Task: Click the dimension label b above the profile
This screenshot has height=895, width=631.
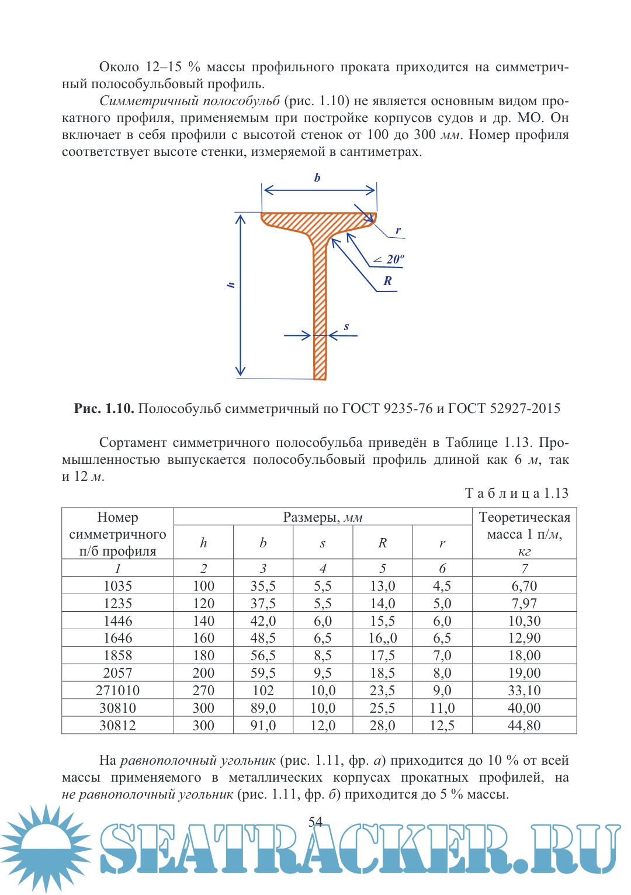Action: (x=317, y=178)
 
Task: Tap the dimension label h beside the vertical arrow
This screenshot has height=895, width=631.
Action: (x=231, y=285)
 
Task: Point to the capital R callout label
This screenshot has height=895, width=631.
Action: (x=387, y=281)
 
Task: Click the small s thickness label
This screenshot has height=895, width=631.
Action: (x=346, y=327)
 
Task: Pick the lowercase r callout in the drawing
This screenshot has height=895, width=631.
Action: (x=398, y=230)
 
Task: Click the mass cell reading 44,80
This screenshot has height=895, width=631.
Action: (x=524, y=726)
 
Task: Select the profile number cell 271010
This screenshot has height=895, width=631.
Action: (x=117, y=691)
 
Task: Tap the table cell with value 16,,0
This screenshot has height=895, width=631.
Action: (x=382, y=638)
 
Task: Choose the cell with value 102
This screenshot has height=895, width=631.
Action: (x=263, y=691)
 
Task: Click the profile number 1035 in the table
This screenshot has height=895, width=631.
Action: (x=117, y=586)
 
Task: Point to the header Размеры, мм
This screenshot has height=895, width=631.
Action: (x=323, y=517)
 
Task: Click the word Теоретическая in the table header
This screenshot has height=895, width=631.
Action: (x=524, y=517)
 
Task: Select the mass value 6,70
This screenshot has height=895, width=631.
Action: (x=524, y=586)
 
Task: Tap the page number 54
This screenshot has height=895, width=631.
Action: (x=315, y=822)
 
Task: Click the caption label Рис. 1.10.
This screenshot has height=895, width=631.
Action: (x=104, y=408)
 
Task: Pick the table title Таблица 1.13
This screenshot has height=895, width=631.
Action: (x=516, y=493)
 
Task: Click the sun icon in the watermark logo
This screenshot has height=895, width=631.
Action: (x=44, y=847)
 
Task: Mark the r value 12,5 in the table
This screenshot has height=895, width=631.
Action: (x=442, y=726)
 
